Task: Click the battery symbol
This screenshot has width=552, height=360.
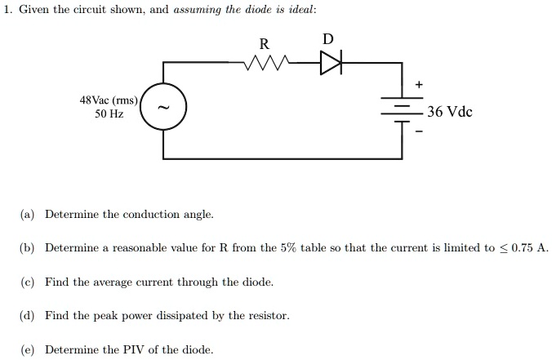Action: (403, 112)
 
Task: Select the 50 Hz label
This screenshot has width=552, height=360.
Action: (109, 115)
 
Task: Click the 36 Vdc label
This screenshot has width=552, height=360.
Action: (450, 112)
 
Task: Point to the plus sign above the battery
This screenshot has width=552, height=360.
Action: (421, 84)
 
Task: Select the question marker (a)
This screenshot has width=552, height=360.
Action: (28, 215)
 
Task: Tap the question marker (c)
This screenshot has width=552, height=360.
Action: (28, 282)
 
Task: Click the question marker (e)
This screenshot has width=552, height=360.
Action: (28, 349)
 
